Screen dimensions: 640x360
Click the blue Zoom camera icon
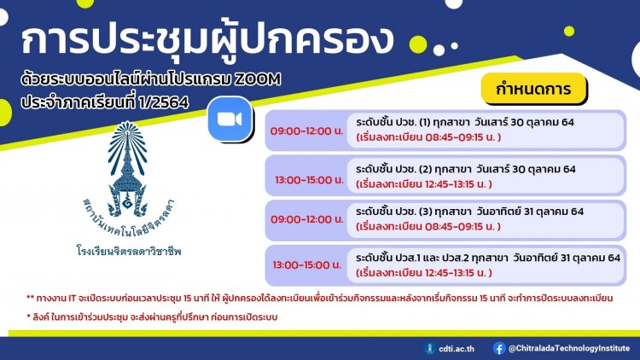[230, 119]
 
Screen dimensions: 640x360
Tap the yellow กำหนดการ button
[533, 88]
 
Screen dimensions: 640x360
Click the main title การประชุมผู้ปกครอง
[207, 40]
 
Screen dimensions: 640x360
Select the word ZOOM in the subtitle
[258, 78]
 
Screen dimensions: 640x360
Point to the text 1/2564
[163, 102]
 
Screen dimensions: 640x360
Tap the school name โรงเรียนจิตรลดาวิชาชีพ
[129, 250]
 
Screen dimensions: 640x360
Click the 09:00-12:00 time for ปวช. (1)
[306, 131]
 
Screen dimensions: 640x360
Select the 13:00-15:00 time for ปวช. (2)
[309, 180]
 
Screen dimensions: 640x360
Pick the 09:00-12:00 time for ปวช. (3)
[307, 219]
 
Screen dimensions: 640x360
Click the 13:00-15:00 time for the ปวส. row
[307, 264]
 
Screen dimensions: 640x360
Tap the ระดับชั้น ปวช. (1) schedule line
[465, 122]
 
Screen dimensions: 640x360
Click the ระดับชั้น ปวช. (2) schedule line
[466, 169]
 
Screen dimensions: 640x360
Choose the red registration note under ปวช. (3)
[428, 227]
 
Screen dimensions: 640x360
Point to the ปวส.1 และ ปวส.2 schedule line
[488, 258]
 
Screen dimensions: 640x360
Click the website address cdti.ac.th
[457, 349]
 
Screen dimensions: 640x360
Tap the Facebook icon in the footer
[499, 348]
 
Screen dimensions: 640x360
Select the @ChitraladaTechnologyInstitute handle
[569, 348]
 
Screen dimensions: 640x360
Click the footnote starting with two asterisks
[320, 298]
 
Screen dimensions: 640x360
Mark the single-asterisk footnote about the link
[152, 317]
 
